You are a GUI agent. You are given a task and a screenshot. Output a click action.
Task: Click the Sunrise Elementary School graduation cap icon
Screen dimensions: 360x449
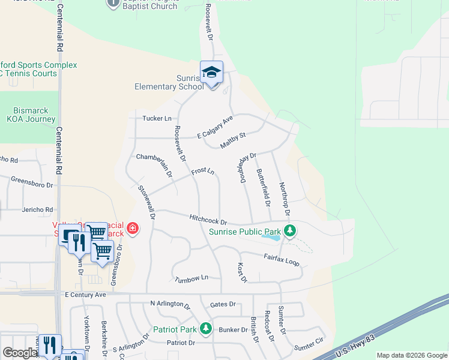(211, 73)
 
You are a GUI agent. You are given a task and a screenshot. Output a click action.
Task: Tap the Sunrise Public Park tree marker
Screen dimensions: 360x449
(290, 230)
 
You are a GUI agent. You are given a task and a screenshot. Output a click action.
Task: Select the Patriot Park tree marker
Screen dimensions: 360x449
(205, 328)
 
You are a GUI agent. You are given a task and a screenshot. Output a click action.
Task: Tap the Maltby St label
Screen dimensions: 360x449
(233, 140)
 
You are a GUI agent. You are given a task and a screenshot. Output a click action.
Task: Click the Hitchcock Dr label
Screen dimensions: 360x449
(208, 220)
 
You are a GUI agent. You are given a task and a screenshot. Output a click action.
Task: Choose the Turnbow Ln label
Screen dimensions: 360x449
(191, 278)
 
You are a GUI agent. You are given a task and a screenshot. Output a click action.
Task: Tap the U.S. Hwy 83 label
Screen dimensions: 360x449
(355, 346)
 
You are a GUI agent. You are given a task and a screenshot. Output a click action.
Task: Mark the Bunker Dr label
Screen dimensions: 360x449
(233, 329)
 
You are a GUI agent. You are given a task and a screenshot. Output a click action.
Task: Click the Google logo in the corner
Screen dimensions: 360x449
(20, 353)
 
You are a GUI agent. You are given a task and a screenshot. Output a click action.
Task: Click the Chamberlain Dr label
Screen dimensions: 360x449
(155, 165)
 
